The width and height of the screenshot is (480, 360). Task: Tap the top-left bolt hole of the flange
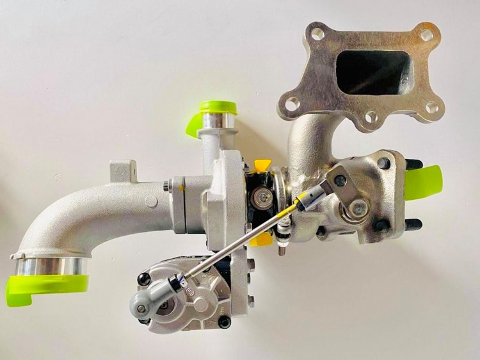coord(316,33)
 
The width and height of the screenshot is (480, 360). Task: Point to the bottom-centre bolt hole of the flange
coord(370,117)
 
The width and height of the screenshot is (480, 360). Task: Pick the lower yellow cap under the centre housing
coord(262,240)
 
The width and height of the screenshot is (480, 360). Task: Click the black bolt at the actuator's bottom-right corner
coord(224,322)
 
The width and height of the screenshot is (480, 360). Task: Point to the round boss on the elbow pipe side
coord(151,202)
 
